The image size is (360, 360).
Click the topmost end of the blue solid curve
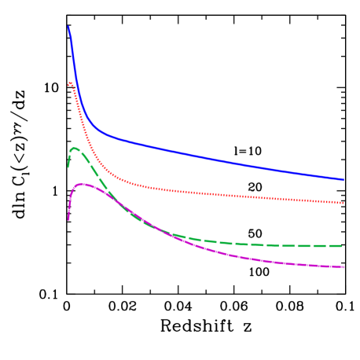68,27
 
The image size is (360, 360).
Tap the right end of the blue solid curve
343,180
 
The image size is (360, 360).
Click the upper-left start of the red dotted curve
69,83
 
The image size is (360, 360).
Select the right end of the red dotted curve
343,203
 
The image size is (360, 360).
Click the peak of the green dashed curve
75,148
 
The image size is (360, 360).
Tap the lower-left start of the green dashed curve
68,166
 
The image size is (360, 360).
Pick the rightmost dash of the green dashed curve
338,246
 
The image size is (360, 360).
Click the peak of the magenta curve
81,184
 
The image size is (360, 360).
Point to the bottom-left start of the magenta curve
68,219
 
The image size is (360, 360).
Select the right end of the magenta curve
343,267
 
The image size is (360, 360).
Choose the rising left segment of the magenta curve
71,197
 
